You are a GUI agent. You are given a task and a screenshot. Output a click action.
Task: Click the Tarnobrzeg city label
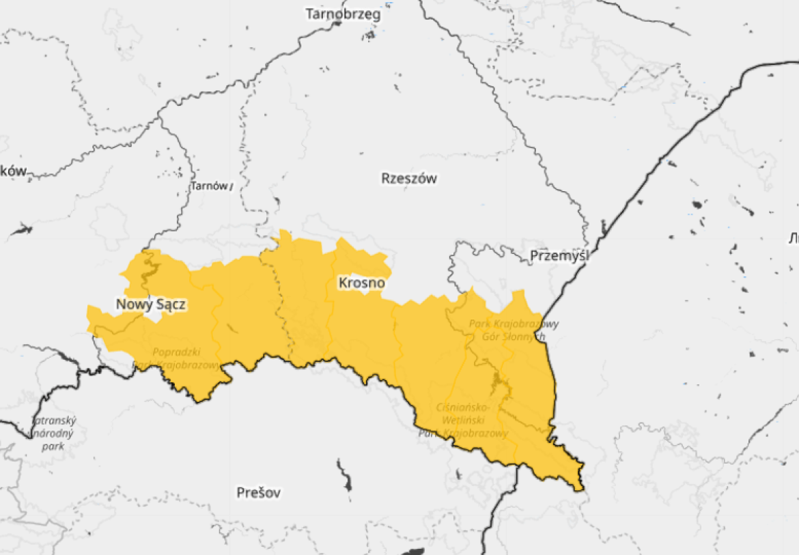(343, 14)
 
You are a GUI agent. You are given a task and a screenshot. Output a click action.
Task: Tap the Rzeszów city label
(408, 179)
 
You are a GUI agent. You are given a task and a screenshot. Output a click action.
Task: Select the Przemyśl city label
(558, 257)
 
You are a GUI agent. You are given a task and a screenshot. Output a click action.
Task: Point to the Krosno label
(361, 283)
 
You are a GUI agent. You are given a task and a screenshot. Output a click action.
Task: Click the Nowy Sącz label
(150, 304)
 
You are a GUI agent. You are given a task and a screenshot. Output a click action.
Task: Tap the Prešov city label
(258, 492)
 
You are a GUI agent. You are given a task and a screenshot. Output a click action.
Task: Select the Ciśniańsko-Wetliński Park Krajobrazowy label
(463, 420)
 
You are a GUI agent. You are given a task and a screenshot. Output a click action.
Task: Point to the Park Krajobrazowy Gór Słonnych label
(514, 330)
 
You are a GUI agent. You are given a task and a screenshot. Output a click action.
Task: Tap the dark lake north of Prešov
(344, 474)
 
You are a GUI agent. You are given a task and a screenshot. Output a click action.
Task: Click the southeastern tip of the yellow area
(581, 488)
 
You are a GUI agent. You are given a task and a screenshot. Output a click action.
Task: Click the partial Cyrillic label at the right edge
(794, 238)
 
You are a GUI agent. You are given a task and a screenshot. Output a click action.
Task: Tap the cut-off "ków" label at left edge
(14, 171)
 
